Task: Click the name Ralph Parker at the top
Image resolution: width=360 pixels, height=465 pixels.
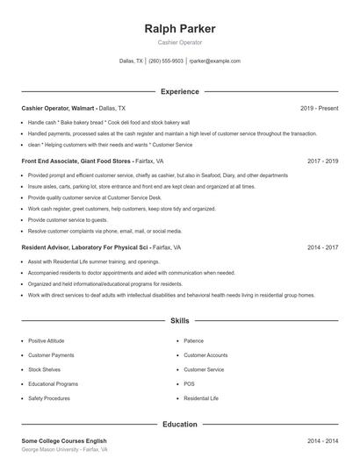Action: [x=179, y=29]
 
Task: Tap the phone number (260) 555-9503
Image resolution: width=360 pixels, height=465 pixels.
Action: [x=166, y=61]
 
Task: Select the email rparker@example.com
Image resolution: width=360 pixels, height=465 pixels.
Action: [x=215, y=61]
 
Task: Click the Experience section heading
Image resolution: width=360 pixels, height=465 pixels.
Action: [x=179, y=91]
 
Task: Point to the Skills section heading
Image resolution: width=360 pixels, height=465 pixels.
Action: [x=179, y=322]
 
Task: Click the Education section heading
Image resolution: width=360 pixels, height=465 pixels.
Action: [x=179, y=425]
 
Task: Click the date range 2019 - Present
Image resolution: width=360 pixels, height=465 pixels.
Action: [x=319, y=108]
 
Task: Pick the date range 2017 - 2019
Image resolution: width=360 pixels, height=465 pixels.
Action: [x=322, y=161]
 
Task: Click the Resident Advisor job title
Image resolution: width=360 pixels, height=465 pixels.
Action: [x=78, y=248]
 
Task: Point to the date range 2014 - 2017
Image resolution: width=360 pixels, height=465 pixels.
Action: [x=322, y=248]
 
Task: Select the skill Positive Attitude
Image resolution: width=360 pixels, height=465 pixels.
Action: [x=47, y=340]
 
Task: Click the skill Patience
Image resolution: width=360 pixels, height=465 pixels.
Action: [x=193, y=340]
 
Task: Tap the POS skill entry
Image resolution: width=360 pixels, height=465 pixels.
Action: [x=189, y=383]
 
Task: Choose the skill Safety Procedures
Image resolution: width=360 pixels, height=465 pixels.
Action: [x=49, y=398]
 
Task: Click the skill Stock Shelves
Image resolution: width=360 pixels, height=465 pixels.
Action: [x=44, y=369]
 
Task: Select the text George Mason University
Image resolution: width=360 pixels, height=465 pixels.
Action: [x=54, y=449]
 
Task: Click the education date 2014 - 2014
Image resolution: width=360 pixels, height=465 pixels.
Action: [x=322, y=440]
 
